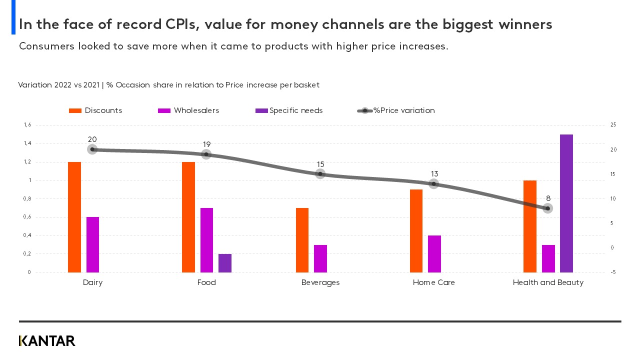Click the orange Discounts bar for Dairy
[74, 217]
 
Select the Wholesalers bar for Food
[206, 240]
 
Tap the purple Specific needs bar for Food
[225, 263]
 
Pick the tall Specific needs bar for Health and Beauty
[566, 203]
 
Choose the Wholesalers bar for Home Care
[434, 253]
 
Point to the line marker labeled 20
[92, 149]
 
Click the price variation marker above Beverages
[320, 174]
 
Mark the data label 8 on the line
[548, 198]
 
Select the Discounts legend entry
[95, 110]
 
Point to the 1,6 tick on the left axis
[27, 125]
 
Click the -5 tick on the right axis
[613, 272]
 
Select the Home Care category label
[433, 282]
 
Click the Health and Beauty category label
[548, 282]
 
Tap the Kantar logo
[47, 341]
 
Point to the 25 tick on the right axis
[613, 125]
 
